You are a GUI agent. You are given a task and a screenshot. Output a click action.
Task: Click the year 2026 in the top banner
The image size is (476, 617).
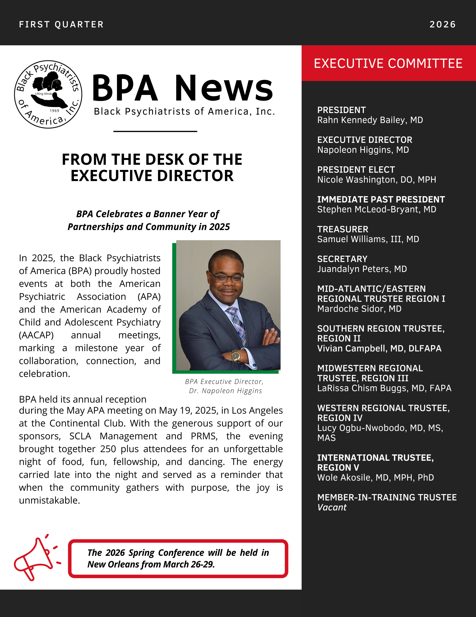pyautogui.click(x=442, y=25)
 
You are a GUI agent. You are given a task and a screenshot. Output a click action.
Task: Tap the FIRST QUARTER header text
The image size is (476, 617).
pyautogui.click(x=61, y=25)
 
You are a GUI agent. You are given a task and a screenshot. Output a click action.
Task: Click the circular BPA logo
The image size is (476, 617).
pyautogui.click(x=48, y=94)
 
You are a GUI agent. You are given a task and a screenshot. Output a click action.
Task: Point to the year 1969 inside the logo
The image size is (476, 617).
pyautogui.click(x=54, y=111)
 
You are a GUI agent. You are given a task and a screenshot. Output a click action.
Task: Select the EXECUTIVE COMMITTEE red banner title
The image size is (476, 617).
pyautogui.click(x=388, y=63)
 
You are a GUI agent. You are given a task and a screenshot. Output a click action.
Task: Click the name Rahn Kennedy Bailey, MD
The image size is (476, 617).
pyautogui.click(x=370, y=120)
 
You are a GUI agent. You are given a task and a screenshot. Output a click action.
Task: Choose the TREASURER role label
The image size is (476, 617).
pyautogui.click(x=342, y=229)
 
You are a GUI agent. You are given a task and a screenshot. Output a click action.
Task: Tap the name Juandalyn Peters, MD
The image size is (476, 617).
pyautogui.click(x=362, y=269)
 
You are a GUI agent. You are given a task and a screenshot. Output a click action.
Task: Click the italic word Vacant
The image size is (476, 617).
pyautogui.click(x=332, y=507)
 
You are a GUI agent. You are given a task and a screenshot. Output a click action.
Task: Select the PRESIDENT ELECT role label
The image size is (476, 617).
pyautogui.click(x=356, y=169)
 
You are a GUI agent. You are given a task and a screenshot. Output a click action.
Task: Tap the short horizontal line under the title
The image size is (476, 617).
pyautogui.click(x=155, y=131)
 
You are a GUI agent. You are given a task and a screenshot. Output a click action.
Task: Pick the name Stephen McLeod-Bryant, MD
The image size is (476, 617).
pyautogui.click(x=376, y=209)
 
